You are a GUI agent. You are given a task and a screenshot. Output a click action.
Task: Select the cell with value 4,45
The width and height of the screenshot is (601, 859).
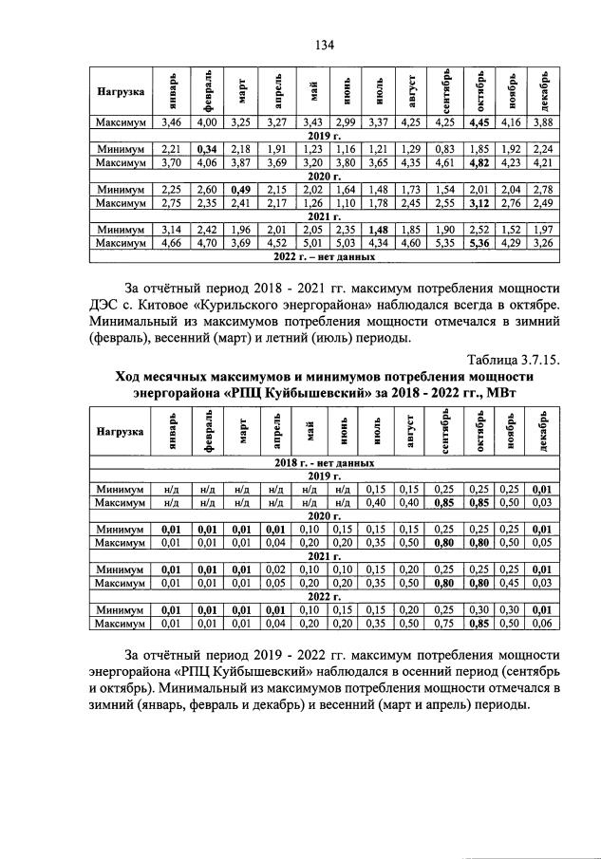480,122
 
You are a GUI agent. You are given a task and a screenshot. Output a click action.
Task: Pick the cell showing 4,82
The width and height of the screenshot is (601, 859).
480,162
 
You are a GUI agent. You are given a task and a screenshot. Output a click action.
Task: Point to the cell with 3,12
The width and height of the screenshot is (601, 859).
480,202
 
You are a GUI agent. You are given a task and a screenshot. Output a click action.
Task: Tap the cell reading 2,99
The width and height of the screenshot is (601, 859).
345,122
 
